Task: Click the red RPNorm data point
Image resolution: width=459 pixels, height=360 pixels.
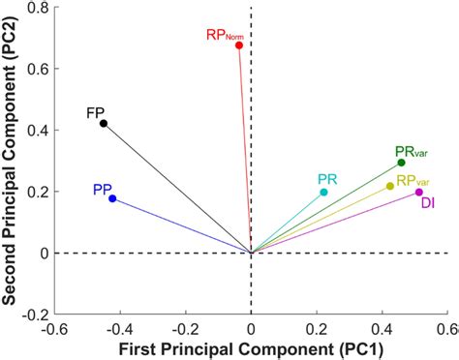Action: click(239, 45)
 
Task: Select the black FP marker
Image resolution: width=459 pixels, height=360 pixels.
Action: click(104, 123)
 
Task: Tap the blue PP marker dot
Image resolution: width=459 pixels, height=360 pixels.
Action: click(112, 198)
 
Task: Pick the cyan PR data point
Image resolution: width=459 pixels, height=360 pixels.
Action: click(323, 192)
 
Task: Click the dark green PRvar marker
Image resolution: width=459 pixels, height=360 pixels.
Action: click(401, 163)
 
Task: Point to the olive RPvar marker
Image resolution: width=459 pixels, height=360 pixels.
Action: click(390, 186)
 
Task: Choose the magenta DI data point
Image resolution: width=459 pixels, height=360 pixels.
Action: click(419, 192)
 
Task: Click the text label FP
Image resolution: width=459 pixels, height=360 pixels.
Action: click(96, 111)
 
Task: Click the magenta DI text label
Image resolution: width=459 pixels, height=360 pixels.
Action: click(427, 203)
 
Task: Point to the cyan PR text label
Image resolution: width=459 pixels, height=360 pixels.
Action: click(327, 179)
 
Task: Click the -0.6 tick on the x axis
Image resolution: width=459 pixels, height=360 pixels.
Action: click(55, 329)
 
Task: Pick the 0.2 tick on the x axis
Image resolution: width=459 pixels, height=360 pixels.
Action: click(317, 329)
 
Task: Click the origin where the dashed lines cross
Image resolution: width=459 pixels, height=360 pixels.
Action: click(252, 253)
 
